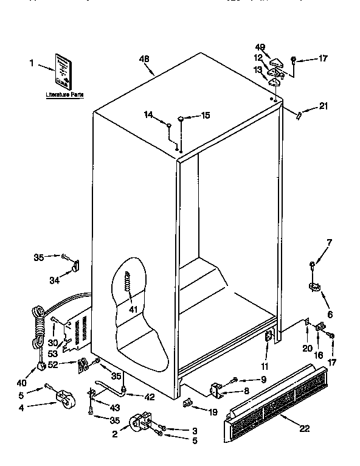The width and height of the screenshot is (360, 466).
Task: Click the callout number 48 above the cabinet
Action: (x=144, y=60)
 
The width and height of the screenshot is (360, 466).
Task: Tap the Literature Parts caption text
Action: (x=64, y=96)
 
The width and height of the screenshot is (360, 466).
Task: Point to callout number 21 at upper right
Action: (x=323, y=107)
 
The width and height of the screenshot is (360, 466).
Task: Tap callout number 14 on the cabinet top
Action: (x=148, y=114)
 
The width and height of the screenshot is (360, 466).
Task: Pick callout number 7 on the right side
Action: (x=328, y=243)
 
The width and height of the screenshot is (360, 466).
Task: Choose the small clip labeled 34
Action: (x=75, y=265)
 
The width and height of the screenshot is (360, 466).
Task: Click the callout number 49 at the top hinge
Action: (x=261, y=47)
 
